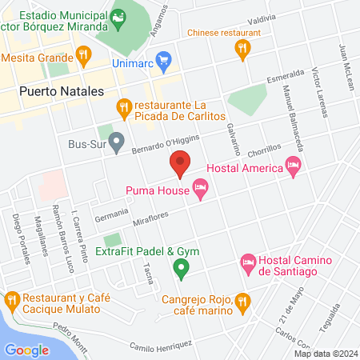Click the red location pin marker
[x=180, y=163]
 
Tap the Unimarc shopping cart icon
[x=165, y=58]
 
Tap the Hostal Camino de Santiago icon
[x=247, y=262]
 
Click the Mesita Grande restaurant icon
[x=82, y=57]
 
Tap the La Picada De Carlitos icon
[x=124, y=106]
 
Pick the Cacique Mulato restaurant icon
[x=11, y=302]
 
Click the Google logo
[x=26, y=350]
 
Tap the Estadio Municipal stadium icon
[x=118, y=15]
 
